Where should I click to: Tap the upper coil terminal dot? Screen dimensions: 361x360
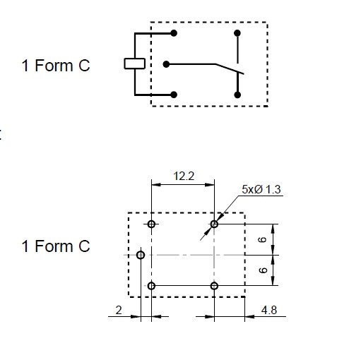tap(174, 33)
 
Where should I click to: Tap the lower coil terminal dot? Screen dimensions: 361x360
tap(174, 95)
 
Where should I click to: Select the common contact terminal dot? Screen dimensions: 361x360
tap(166, 64)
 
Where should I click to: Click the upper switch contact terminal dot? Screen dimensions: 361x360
tap(237, 33)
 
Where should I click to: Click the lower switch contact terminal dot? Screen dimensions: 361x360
tap(237, 95)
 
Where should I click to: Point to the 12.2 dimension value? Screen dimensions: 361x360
tap(184, 176)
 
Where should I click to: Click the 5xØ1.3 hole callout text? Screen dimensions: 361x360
tap(261, 189)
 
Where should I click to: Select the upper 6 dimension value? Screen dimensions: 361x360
tap(263, 239)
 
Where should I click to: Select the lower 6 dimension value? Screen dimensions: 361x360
tap(263, 270)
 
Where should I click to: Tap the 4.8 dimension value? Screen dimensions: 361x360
tap(269, 311)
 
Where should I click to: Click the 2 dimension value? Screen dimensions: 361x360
tap(119, 311)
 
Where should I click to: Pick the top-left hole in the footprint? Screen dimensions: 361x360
tap(151, 224)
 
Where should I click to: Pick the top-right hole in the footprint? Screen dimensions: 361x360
tap(214, 224)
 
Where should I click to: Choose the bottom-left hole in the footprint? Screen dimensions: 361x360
tap(151, 286)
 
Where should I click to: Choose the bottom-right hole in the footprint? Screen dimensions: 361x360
tap(214, 286)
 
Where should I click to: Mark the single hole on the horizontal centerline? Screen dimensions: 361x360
tap(141, 255)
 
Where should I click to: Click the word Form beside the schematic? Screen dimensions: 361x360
tap(54, 66)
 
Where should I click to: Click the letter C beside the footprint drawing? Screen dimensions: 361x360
tap(84, 246)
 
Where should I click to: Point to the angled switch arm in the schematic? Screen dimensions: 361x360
tap(230, 69)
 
